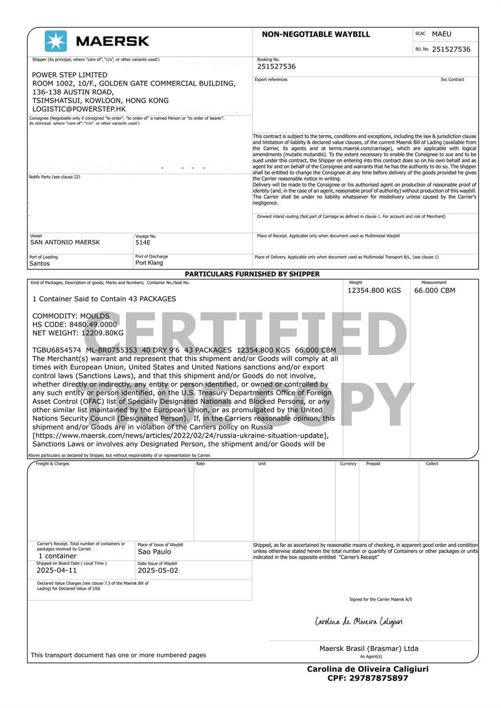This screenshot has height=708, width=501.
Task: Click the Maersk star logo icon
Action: [56, 41]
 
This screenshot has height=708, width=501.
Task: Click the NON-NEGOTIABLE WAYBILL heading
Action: [316, 35]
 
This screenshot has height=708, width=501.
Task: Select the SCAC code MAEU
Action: [441, 34]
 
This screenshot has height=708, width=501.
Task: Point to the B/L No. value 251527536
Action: [451, 49]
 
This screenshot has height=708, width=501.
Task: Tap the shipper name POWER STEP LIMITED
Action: [70, 75]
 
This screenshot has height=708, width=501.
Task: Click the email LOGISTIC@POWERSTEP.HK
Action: [79, 109]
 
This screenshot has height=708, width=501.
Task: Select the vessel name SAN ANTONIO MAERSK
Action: [65, 242]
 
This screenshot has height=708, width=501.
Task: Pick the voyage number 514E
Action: [143, 242]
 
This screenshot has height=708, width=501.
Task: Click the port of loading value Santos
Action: [40, 263]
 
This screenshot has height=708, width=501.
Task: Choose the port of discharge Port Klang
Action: [149, 263]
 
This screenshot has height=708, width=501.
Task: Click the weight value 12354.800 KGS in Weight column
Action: [374, 290]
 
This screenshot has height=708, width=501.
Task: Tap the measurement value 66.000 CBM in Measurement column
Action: [434, 290]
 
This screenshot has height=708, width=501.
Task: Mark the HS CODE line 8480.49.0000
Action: [75, 324]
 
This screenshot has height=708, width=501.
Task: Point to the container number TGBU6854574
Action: [57, 350]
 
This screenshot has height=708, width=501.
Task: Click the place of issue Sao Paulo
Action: [154, 552]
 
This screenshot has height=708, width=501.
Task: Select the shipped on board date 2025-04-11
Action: [57, 570]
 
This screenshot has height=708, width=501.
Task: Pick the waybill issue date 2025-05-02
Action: [158, 570]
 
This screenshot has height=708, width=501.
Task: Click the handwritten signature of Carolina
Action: [359, 622]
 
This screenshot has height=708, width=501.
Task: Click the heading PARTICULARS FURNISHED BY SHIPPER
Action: [252, 274]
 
